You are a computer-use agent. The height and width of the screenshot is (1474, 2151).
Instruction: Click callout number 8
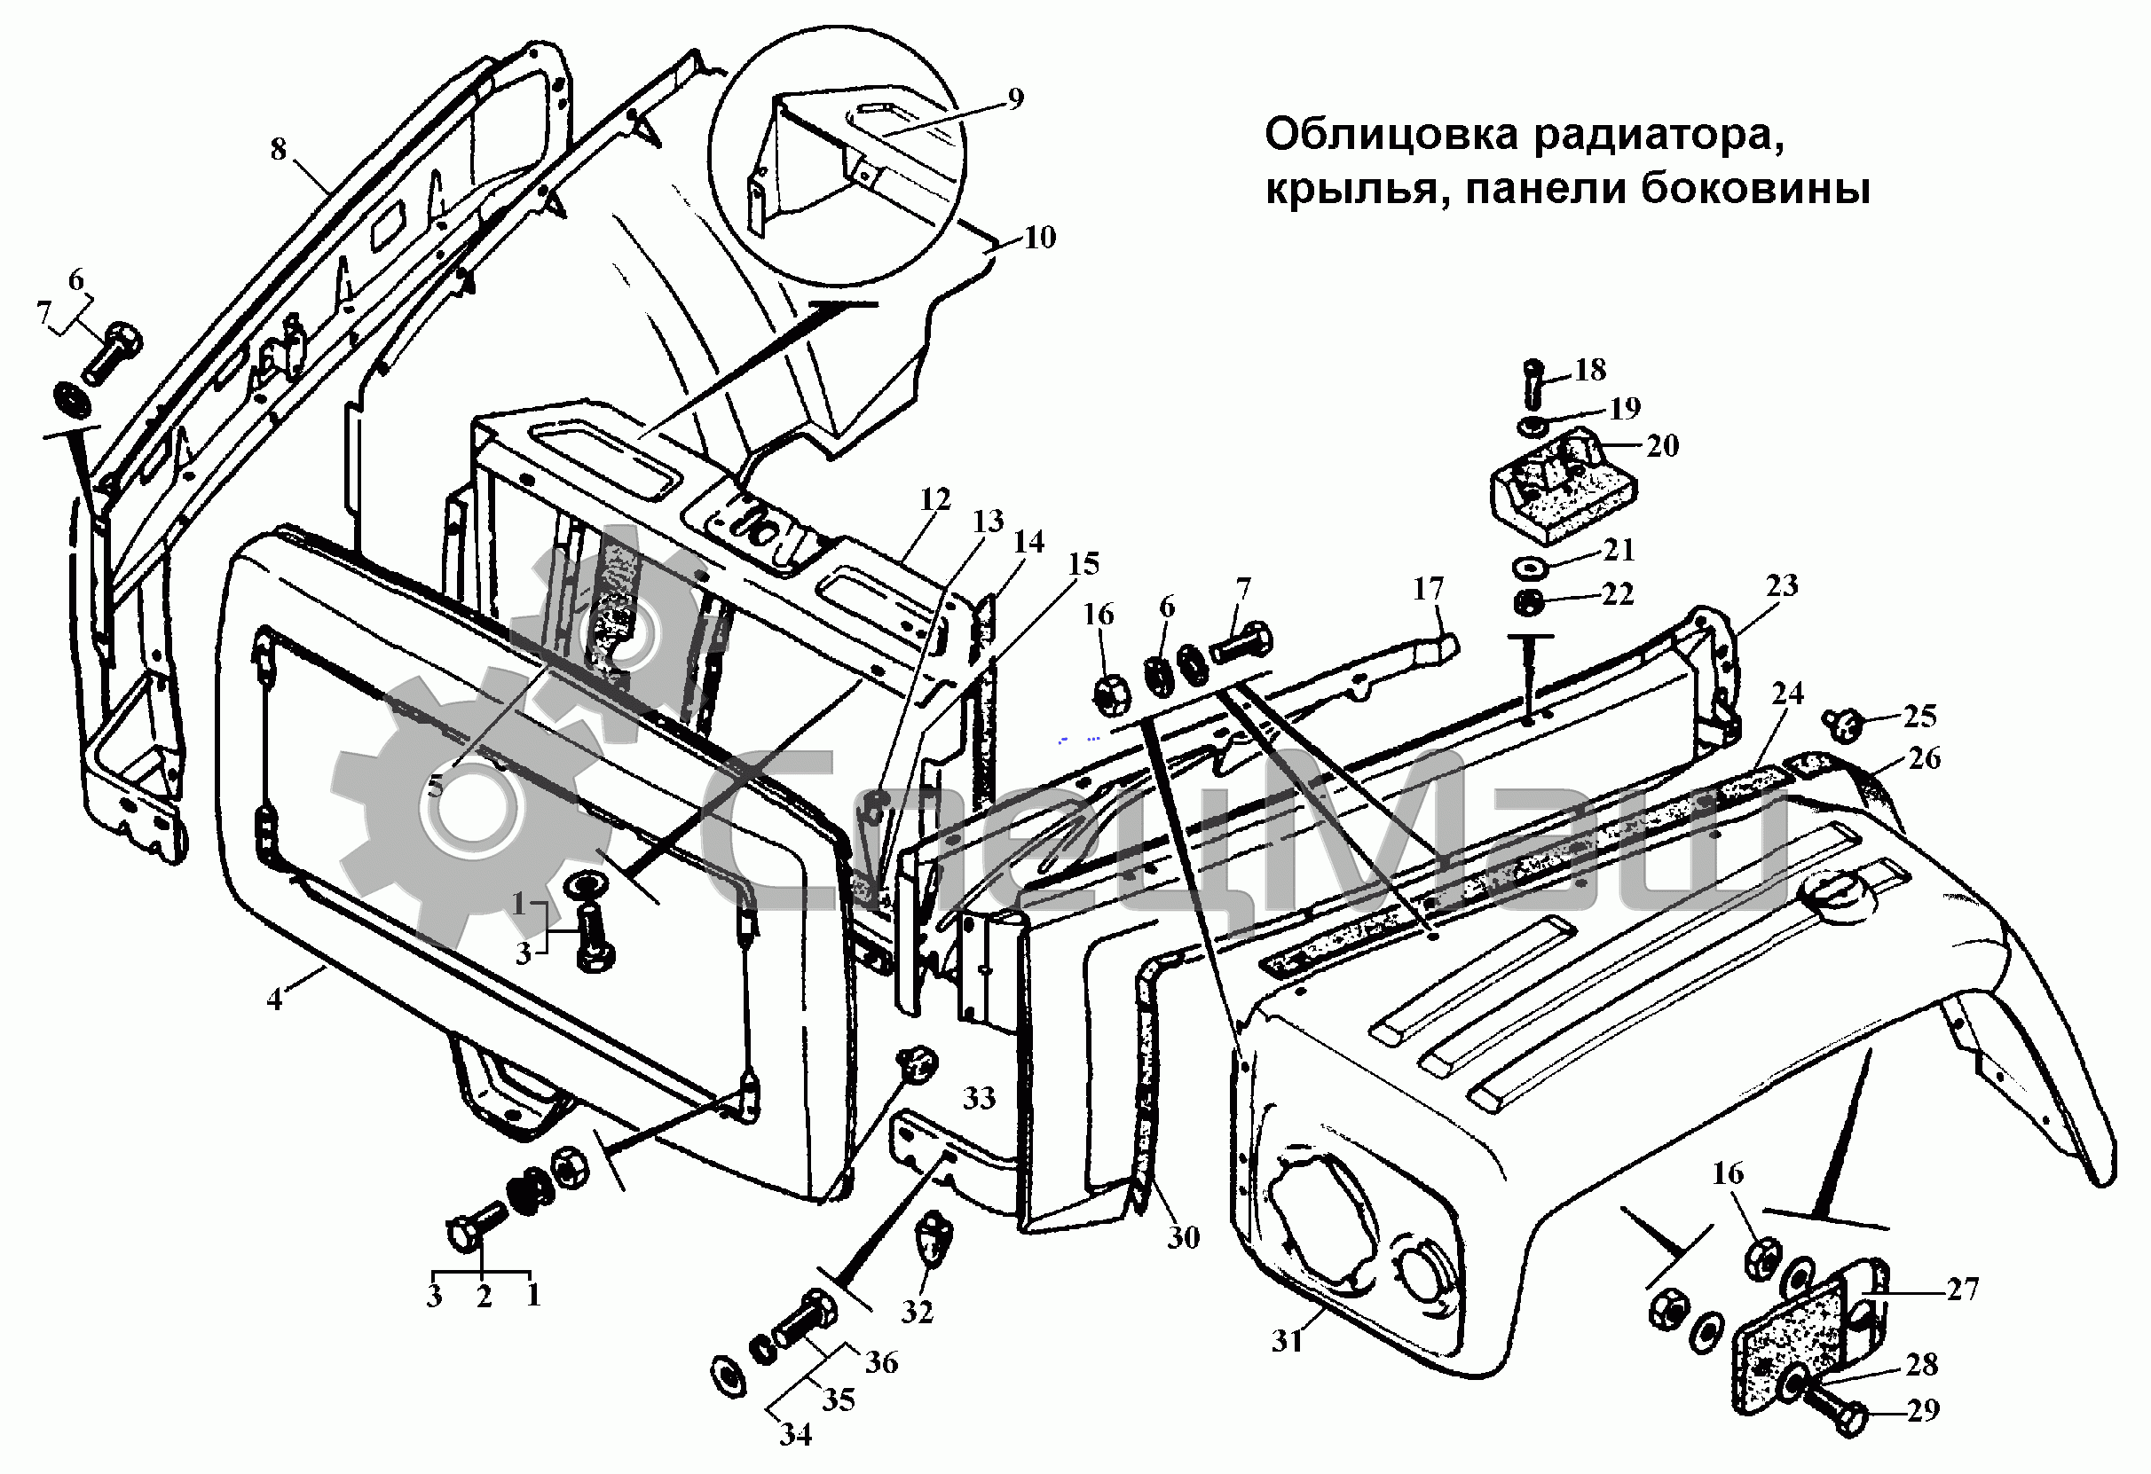[279, 149]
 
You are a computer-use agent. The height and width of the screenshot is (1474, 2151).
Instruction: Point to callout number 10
[1039, 238]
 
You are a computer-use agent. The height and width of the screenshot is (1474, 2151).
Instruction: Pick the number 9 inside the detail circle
[1015, 99]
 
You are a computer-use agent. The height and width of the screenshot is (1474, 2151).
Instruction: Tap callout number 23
[1782, 584]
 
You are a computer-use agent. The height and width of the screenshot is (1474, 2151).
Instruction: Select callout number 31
[1287, 1341]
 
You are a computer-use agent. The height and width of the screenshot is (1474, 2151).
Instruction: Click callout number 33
[978, 1098]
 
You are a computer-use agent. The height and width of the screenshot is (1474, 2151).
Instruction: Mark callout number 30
[1183, 1237]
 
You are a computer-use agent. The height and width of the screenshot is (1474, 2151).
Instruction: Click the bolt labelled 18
[1532, 383]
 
